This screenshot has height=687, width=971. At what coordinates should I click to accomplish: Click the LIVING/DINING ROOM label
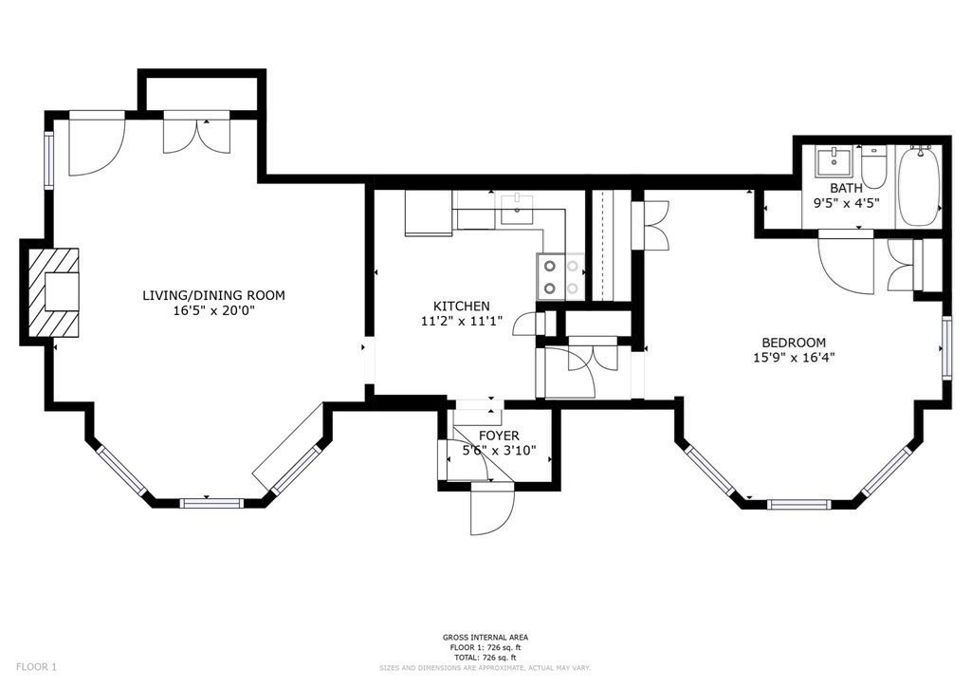click(x=213, y=295)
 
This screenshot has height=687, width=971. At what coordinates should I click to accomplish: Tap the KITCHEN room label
click(x=462, y=306)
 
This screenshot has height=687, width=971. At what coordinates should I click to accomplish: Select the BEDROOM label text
click(x=794, y=343)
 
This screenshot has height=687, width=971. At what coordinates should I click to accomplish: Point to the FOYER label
click(x=499, y=436)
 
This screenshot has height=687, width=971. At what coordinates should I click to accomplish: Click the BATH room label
click(x=846, y=188)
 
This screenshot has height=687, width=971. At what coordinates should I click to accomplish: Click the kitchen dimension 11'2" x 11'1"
click(x=462, y=321)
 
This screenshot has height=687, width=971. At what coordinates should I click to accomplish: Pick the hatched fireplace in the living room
click(x=54, y=292)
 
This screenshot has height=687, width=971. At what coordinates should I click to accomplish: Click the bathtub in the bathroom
click(x=919, y=185)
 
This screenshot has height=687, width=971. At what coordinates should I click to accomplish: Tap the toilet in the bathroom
click(x=873, y=167)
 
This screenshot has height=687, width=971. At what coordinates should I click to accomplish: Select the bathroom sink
click(x=834, y=162)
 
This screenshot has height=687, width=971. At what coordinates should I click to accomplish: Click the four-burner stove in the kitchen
click(x=560, y=277)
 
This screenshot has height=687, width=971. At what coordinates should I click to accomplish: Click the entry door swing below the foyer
click(x=492, y=509)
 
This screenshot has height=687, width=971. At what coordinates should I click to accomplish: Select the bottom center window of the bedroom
click(x=798, y=504)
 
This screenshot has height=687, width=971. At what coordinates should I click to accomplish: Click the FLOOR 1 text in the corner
click(x=37, y=667)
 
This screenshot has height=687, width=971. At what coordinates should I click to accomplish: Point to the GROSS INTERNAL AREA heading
click(x=485, y=637)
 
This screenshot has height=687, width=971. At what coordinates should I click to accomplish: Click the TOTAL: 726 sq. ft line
click(x=485, y=658)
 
